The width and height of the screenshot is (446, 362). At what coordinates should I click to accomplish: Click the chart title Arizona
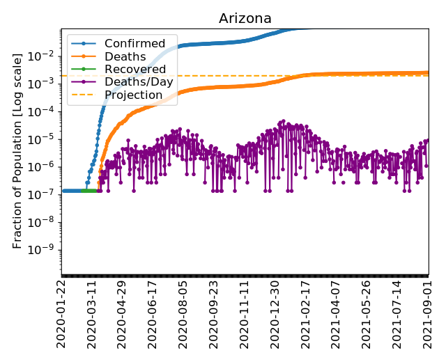[245, 18]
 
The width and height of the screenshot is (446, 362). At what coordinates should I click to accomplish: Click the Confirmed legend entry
[134, 44]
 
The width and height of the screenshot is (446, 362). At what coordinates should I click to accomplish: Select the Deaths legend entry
[125, 56]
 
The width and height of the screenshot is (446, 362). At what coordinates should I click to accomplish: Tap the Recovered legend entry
[134, 69]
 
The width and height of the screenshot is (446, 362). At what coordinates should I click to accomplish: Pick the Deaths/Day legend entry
[139, 82]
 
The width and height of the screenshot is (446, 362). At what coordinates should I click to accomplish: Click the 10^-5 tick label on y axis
[45, 139]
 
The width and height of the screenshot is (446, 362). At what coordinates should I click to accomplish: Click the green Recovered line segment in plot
[89, 190]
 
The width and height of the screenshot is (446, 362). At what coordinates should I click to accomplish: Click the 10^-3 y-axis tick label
[45, 84]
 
